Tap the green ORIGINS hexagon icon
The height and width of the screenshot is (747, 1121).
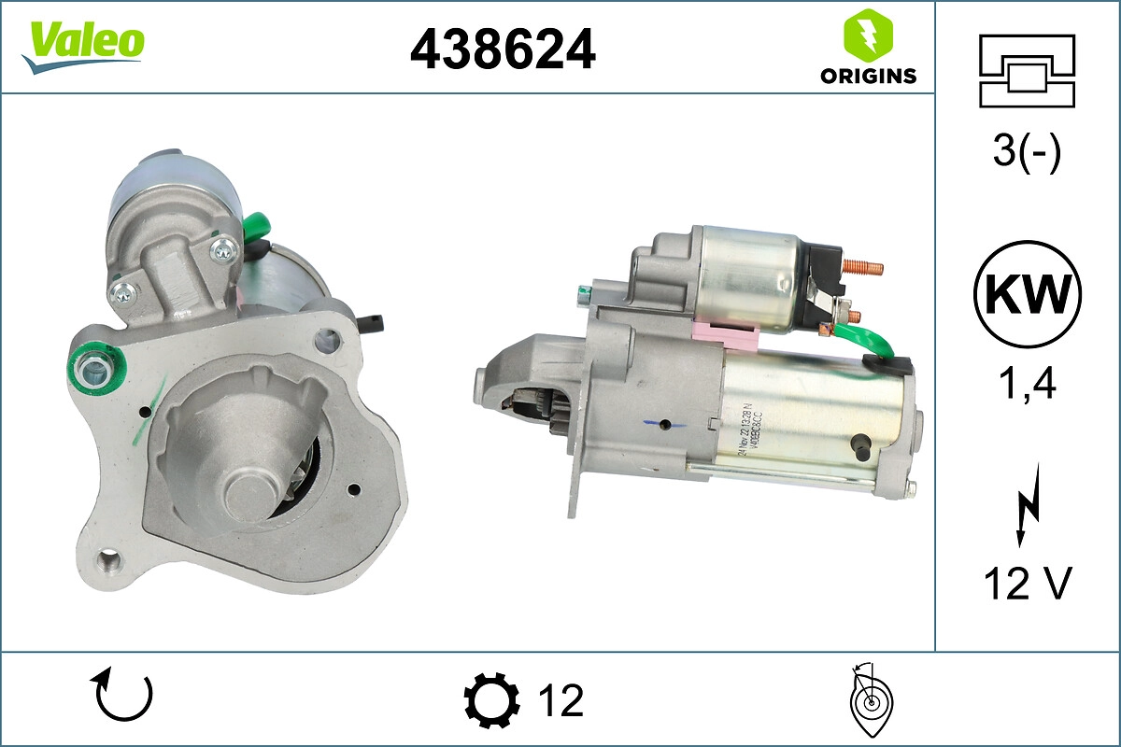point(868,36)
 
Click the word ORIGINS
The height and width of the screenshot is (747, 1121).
point(868,77)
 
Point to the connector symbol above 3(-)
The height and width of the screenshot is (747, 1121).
point(1027,70)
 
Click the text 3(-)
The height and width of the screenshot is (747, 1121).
point(1027,152)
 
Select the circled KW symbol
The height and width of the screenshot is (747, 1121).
point(1027,295)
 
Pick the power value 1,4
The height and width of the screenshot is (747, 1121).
point(1027,382)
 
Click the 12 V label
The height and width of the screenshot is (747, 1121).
point(1027,584)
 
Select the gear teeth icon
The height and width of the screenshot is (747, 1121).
point(491,700)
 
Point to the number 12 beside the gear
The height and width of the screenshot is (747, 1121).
point(560,700)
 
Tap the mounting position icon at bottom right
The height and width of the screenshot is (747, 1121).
point(872,699)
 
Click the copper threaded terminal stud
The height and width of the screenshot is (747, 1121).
point(866,269)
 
